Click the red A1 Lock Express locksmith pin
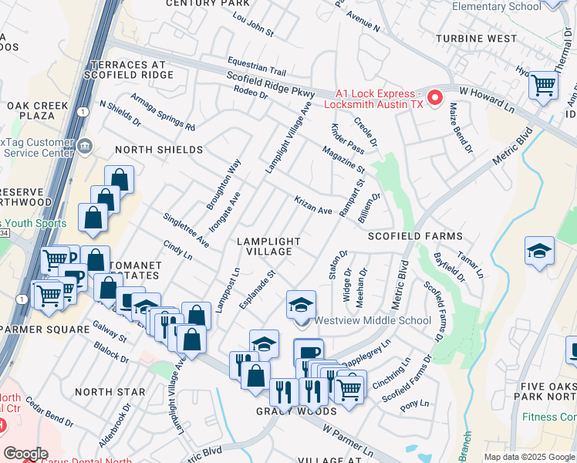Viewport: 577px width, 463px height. [434, 98]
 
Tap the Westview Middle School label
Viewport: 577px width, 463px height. [372, 320]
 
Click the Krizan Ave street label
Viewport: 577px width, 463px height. [312, 204]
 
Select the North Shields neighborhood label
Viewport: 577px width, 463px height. [159, 149]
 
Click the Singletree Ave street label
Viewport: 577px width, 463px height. [186, 229]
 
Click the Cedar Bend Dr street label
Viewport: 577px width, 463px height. [49, 411]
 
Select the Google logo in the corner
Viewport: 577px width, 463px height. [25, 454]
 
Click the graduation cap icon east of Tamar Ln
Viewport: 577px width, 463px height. [539, 252]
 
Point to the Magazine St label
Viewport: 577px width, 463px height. [343, 159]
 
